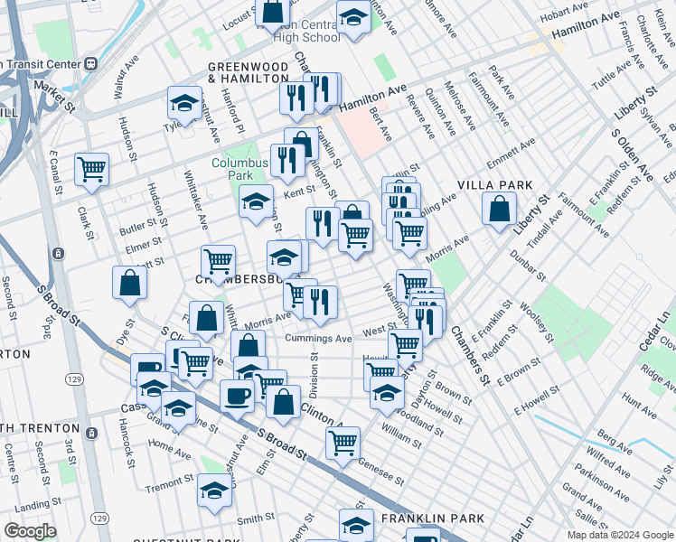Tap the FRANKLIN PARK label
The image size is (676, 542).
coord(432,519)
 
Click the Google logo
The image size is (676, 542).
coord(30,531)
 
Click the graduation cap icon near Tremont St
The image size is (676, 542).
coord(214,491)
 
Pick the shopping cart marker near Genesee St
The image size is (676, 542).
coord(343,443)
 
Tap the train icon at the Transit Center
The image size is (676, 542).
coord(89,64)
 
